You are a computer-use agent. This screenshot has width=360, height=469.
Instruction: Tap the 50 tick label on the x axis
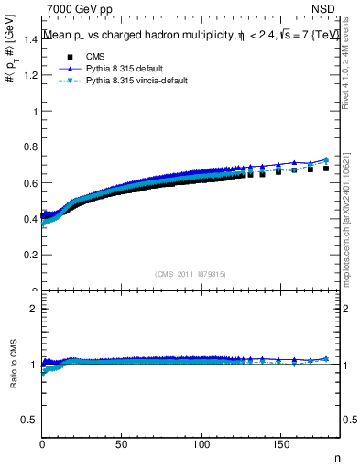[x=122, y=444]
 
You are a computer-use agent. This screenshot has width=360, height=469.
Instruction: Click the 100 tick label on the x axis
[x=202, y=444]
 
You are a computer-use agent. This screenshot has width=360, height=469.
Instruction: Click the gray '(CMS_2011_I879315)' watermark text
[x=190, y=273]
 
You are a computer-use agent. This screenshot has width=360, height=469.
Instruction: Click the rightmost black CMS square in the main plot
[x=326, y=169]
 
